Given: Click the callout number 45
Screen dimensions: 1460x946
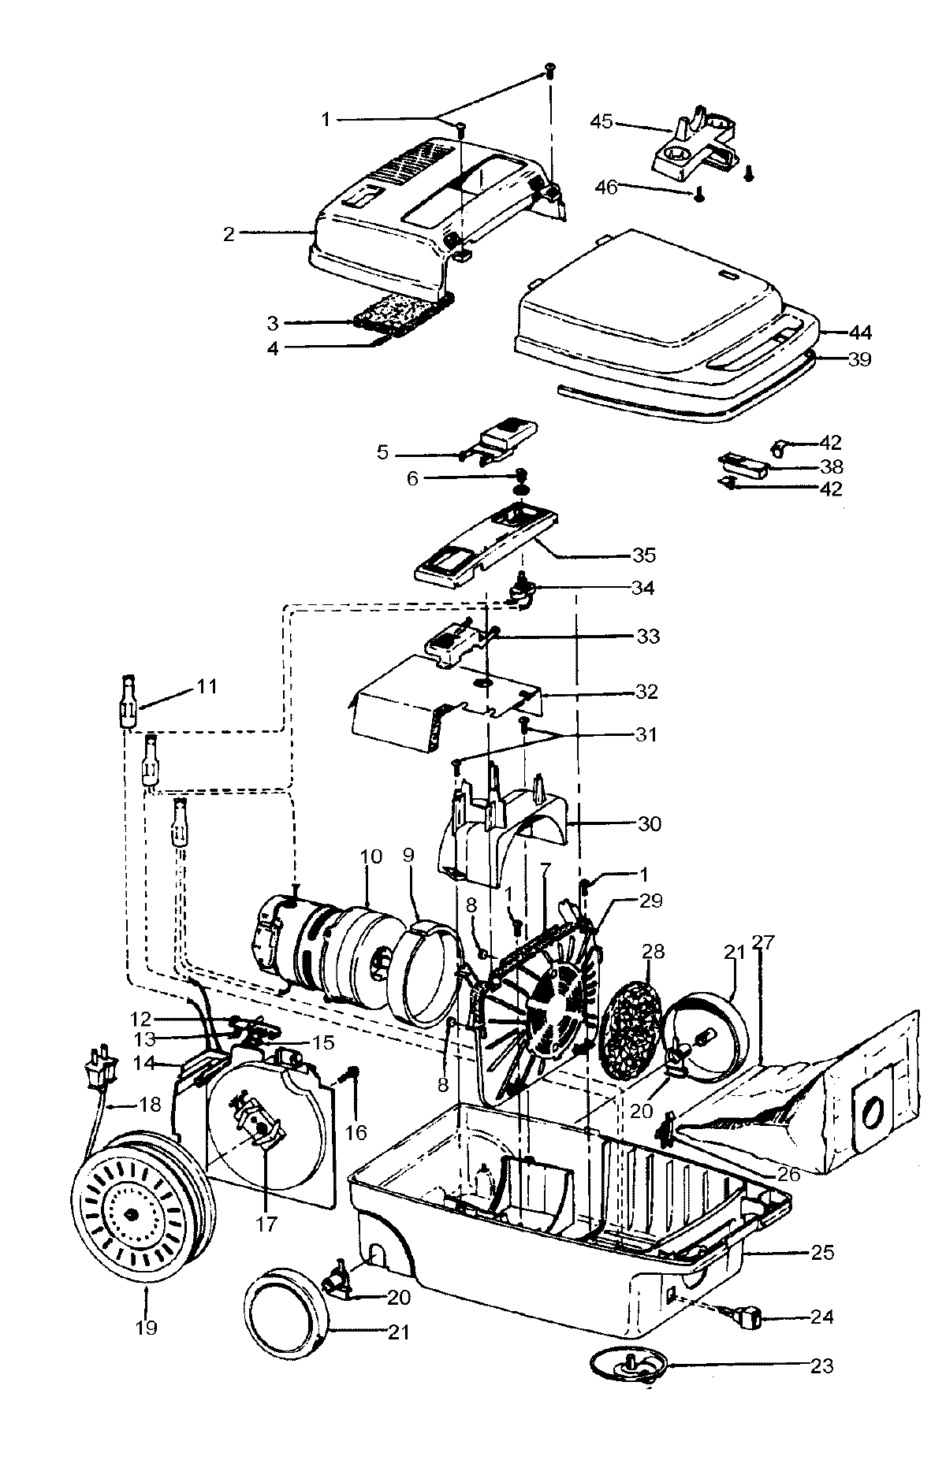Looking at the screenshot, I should (x=601, y=122).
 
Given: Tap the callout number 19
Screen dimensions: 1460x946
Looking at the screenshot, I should (x=146, y=1328).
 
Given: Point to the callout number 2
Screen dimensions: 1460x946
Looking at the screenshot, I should (x=229, y=234).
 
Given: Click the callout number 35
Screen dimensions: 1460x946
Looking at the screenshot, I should (x=643, y=555).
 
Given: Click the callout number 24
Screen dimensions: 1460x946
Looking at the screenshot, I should (x=821, y=1317).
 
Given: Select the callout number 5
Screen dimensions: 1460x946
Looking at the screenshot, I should (x=383, y=453).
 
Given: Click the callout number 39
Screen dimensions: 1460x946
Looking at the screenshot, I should (x=858, y=359).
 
